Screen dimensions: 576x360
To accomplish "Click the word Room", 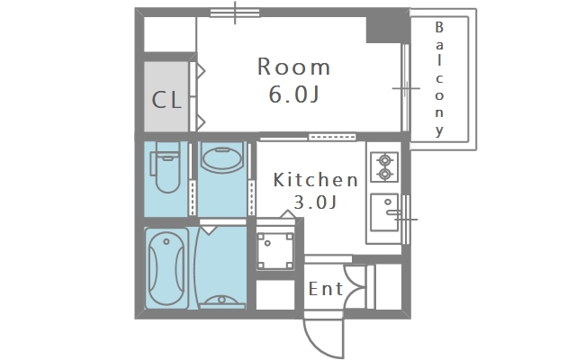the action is pyautogui.click(x=293, y=67).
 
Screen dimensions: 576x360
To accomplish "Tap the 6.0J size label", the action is pyautogui.click(x=293, y=94).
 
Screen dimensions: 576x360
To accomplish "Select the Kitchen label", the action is pyautogui.click(x=316, y=180).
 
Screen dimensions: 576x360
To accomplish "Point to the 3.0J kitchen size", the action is pyautogui.click(x=315, y=202).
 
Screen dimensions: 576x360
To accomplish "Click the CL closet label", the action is pyautogui.click(x=166, y=100).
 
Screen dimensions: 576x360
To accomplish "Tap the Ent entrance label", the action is pyautogui.click(x=326, y=289).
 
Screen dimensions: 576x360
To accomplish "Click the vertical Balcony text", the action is pyautogui.click(x=439, y=79).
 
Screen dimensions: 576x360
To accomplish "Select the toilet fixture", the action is pyautogui.click(x=166, y=167).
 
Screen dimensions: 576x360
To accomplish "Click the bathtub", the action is pyautogui.click(x=166, y=268).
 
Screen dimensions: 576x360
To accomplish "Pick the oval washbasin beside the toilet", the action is pyautogui.click(x=222, y=160).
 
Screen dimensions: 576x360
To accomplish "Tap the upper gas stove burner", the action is pyautogui.click(x=384, y=160).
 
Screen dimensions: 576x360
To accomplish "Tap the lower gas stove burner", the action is pyautogui.click(x=384, y=174).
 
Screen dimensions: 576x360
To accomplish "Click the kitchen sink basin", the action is pyautogui.click(x=384, y=212).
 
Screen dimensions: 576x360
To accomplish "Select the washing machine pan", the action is pyautogui.click(x=274, y=251).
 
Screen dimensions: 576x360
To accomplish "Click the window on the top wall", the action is pyautogui.click(x=235, y=13).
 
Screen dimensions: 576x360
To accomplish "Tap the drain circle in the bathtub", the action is pyautogui.click(x=166, y=242).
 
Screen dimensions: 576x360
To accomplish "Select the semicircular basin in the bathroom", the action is pyautogui.click(x=221, y=301).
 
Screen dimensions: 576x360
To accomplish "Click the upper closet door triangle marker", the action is pyautogui.click(x=200, y=71).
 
